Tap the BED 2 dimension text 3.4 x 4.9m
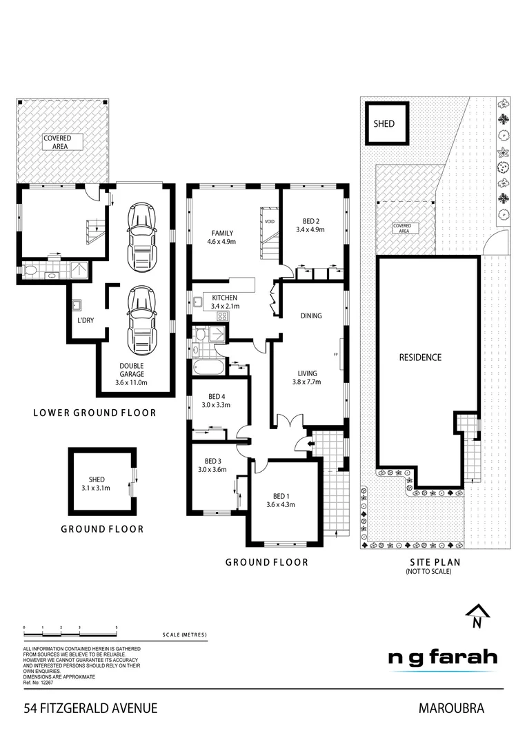click(310, 229)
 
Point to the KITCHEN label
click(221, 298)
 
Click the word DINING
click(311, 316)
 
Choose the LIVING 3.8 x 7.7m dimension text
click(306, 382)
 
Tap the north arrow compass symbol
click(476, 616)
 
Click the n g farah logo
click(441, 658)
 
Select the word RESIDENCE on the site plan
click(420, 358)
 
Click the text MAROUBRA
click(451, 707)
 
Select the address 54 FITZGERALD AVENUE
click(90, 707)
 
